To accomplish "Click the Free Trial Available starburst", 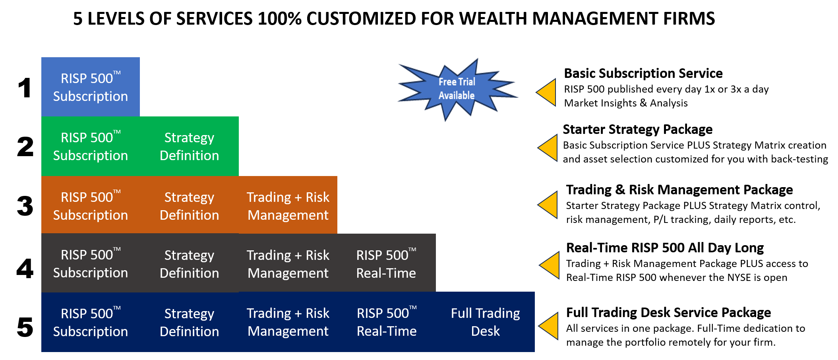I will point(457,89).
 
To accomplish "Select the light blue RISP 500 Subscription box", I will point(91,87).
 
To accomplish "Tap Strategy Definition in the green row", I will point(189,146).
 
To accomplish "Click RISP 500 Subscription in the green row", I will point(91,146).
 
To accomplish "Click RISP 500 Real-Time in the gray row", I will point(386,263).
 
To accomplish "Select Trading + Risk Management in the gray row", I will point(288,263).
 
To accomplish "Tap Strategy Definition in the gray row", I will point(189,263).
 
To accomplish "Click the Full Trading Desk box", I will point(485,322).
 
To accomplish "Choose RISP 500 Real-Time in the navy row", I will point(387,322).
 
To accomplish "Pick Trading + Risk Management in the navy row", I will point(288,322).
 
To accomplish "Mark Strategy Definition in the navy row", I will point(189,322).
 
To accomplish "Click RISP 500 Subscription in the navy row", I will point(91,322).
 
